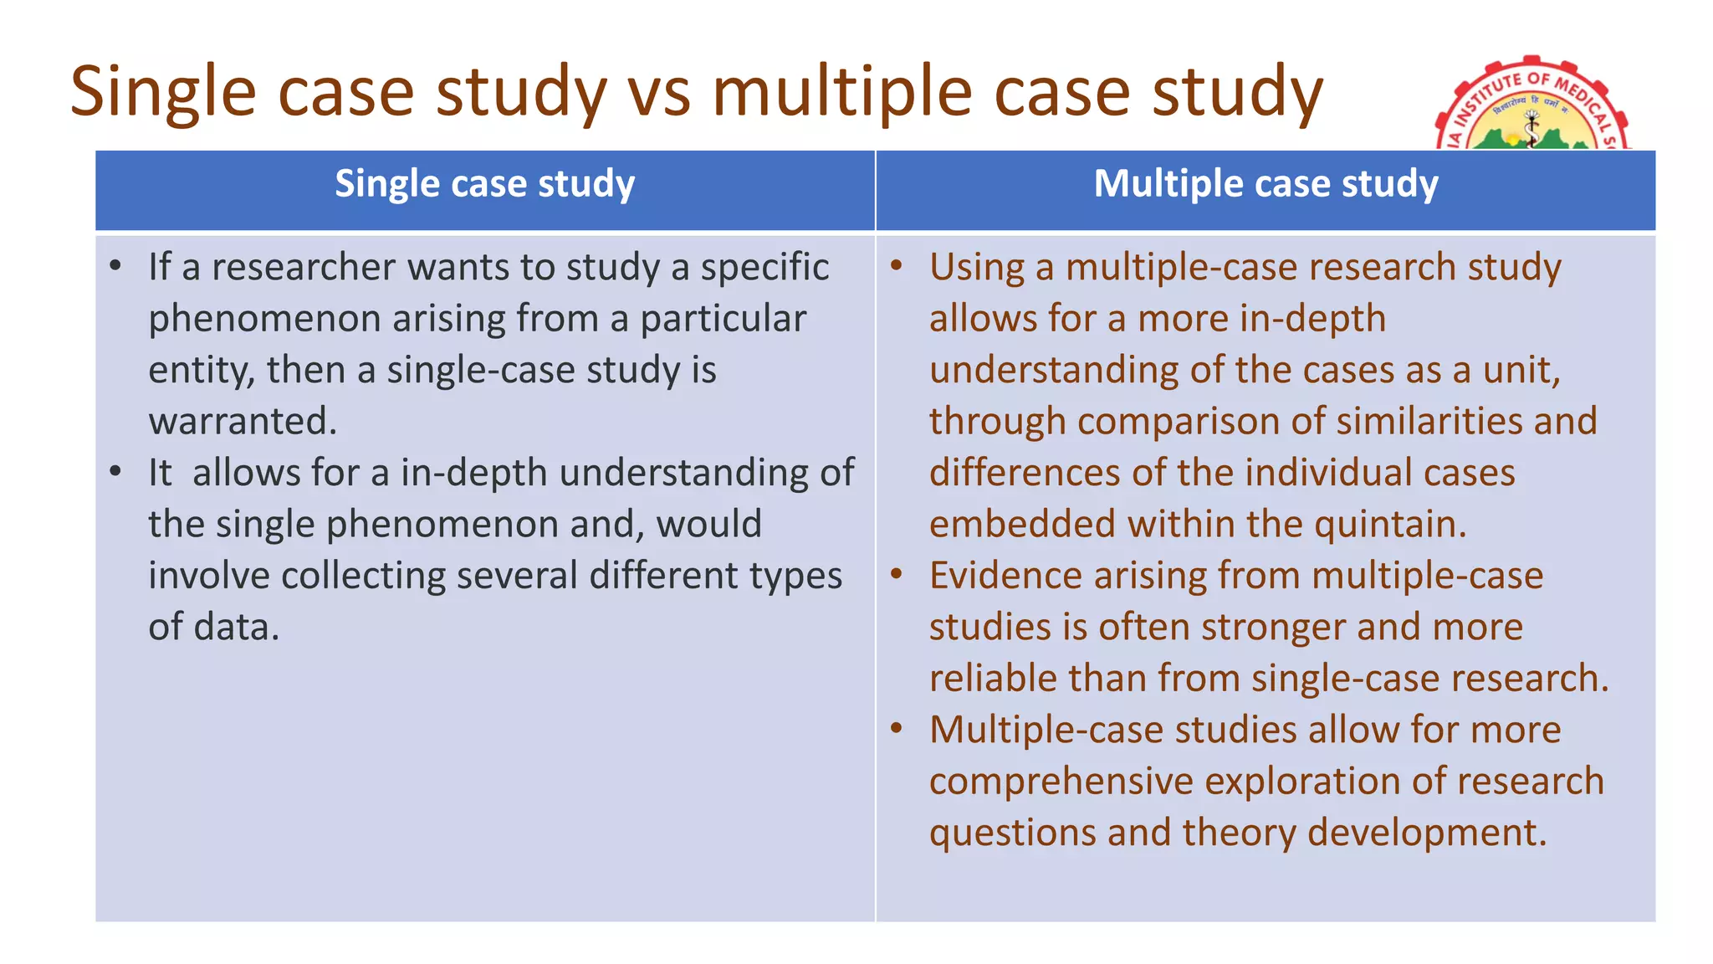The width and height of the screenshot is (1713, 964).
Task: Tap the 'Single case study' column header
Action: pos(485,184)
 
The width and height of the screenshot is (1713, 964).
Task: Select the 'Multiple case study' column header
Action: pos(1266,184)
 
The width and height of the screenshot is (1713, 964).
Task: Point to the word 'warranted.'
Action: pos(243,421)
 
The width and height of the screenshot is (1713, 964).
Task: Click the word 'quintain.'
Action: pos(1390,525)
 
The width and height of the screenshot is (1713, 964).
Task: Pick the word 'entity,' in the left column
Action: pos(200,371)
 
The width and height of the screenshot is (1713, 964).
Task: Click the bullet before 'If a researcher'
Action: pos(116,267)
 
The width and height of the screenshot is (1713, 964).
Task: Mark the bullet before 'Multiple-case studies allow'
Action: pos(897,729)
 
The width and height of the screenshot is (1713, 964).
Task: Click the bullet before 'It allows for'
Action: pos(116,472)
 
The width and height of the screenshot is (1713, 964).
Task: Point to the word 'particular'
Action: pos(723,320)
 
